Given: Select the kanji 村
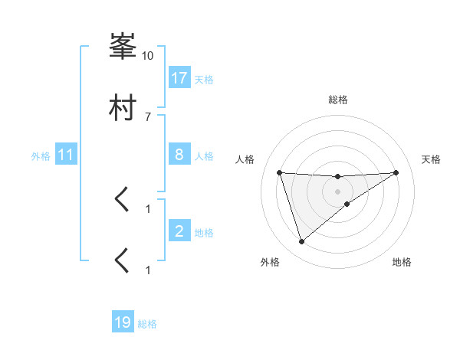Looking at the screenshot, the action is [123, 108].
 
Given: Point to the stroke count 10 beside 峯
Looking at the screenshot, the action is [148, 55].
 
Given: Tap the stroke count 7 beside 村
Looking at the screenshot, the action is [148, 116].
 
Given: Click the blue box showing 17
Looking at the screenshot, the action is [179, 78].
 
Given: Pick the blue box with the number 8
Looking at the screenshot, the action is [179, 155].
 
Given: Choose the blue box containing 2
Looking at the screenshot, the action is [179, 231].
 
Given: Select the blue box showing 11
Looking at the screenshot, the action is [65, 155].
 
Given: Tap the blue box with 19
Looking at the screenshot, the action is [123, 323].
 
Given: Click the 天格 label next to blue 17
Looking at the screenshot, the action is [204, 79].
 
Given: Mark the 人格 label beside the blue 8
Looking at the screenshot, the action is [204, 155].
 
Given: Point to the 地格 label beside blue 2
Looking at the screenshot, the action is [204, 232].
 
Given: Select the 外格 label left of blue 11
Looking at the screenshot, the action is [41, 156].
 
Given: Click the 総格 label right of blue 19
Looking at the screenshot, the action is [147, 324].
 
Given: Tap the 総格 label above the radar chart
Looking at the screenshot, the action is [338, 100].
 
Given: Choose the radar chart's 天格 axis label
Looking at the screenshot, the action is [432, 159].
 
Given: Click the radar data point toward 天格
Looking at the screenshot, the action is [396, 172].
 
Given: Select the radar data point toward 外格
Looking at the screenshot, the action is [301, 242].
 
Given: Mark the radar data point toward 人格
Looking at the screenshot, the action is [280, 172].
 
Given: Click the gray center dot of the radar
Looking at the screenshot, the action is [338, 191].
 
